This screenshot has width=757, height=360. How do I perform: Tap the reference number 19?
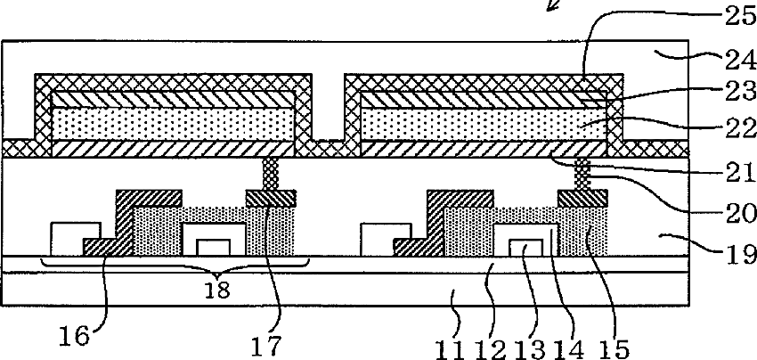click(x=737, y=250)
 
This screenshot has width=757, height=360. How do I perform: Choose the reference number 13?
click(x=535, y=348)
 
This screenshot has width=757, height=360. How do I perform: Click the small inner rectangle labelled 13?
click(x=529, y=248)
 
